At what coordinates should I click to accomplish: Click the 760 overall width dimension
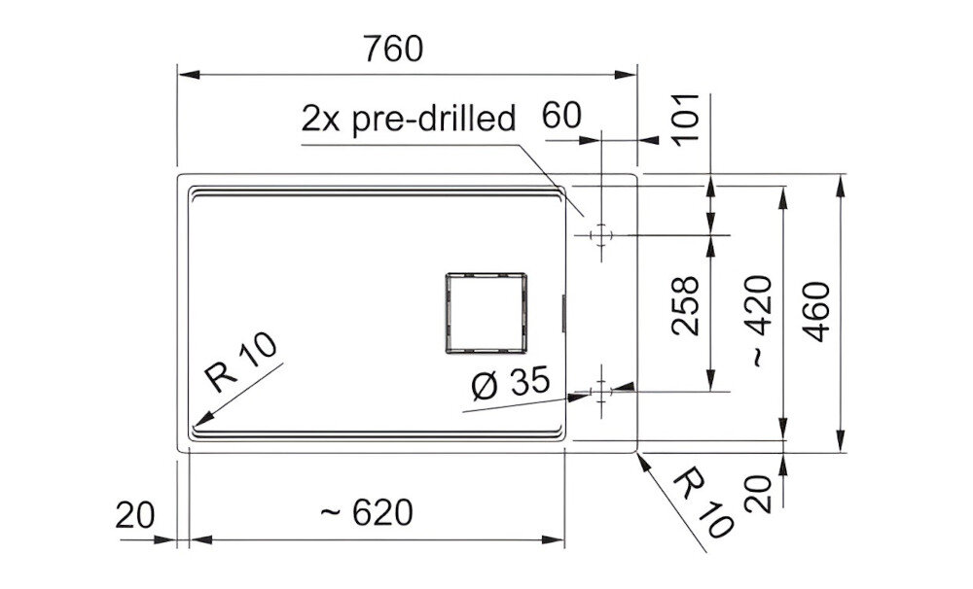pyautogui.click(x=393, y=49)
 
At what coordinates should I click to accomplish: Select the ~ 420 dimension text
pyautogui.click(x=761, y=321)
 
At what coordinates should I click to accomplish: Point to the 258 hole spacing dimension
pyautogui.click(x=686, y=306)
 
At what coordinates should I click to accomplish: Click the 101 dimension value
pyautogui.click(x=686, y=121)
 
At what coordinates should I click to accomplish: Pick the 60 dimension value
pyautogui.click(x=561, y=116)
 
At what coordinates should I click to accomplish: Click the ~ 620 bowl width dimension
pyautogui.click(x=367, y=513)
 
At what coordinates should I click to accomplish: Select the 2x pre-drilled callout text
pyautogui.click(x=409, y=119)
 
